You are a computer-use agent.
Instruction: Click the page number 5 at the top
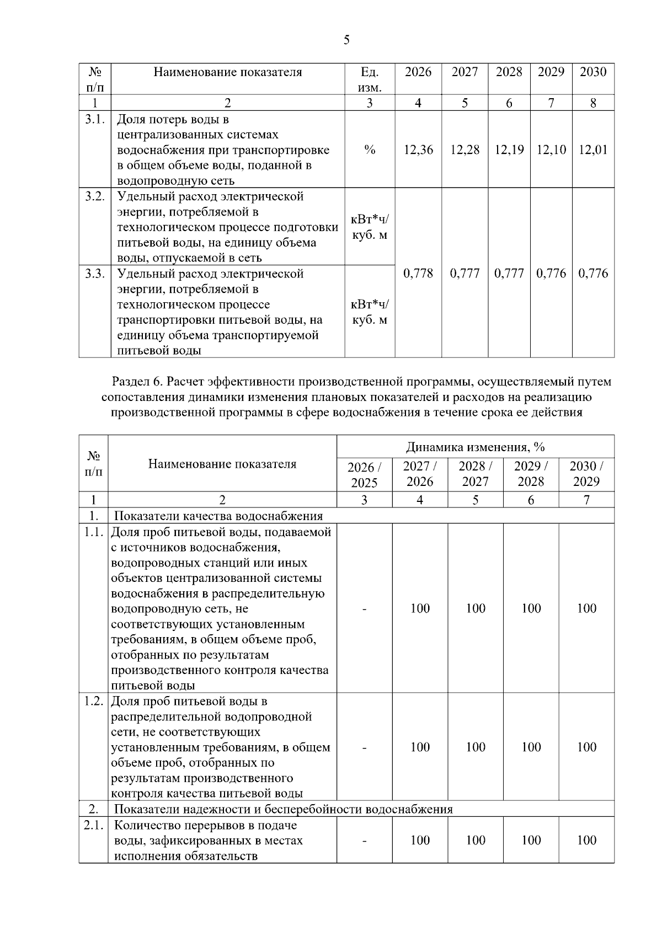tap(346, 40)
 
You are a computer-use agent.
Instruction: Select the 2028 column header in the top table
tap(509, 72)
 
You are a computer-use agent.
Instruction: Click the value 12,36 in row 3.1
tap(418, 149)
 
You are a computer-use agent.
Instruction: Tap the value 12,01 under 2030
tap(593, 149)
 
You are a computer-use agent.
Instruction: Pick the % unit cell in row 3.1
tap(370, 149)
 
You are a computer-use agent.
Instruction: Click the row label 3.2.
tap(95, 196)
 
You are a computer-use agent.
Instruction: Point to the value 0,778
tap(418, 273)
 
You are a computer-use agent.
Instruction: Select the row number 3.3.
tap(95, 274)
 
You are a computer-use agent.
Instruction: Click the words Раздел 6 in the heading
tap(137, 381)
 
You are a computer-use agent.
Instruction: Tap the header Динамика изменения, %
tap(475, 447)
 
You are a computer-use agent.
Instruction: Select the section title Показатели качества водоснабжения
tap(218, 516)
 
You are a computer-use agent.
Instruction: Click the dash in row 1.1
tap(364, 608)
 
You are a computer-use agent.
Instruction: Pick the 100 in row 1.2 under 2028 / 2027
tap(476, 747)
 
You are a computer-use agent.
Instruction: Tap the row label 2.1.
tap(94, 825)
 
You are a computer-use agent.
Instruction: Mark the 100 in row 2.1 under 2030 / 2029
tap(586, 840)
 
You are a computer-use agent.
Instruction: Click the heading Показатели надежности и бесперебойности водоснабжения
tap(283, 809)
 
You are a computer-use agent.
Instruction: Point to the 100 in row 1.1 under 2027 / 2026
tap(420, 608)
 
